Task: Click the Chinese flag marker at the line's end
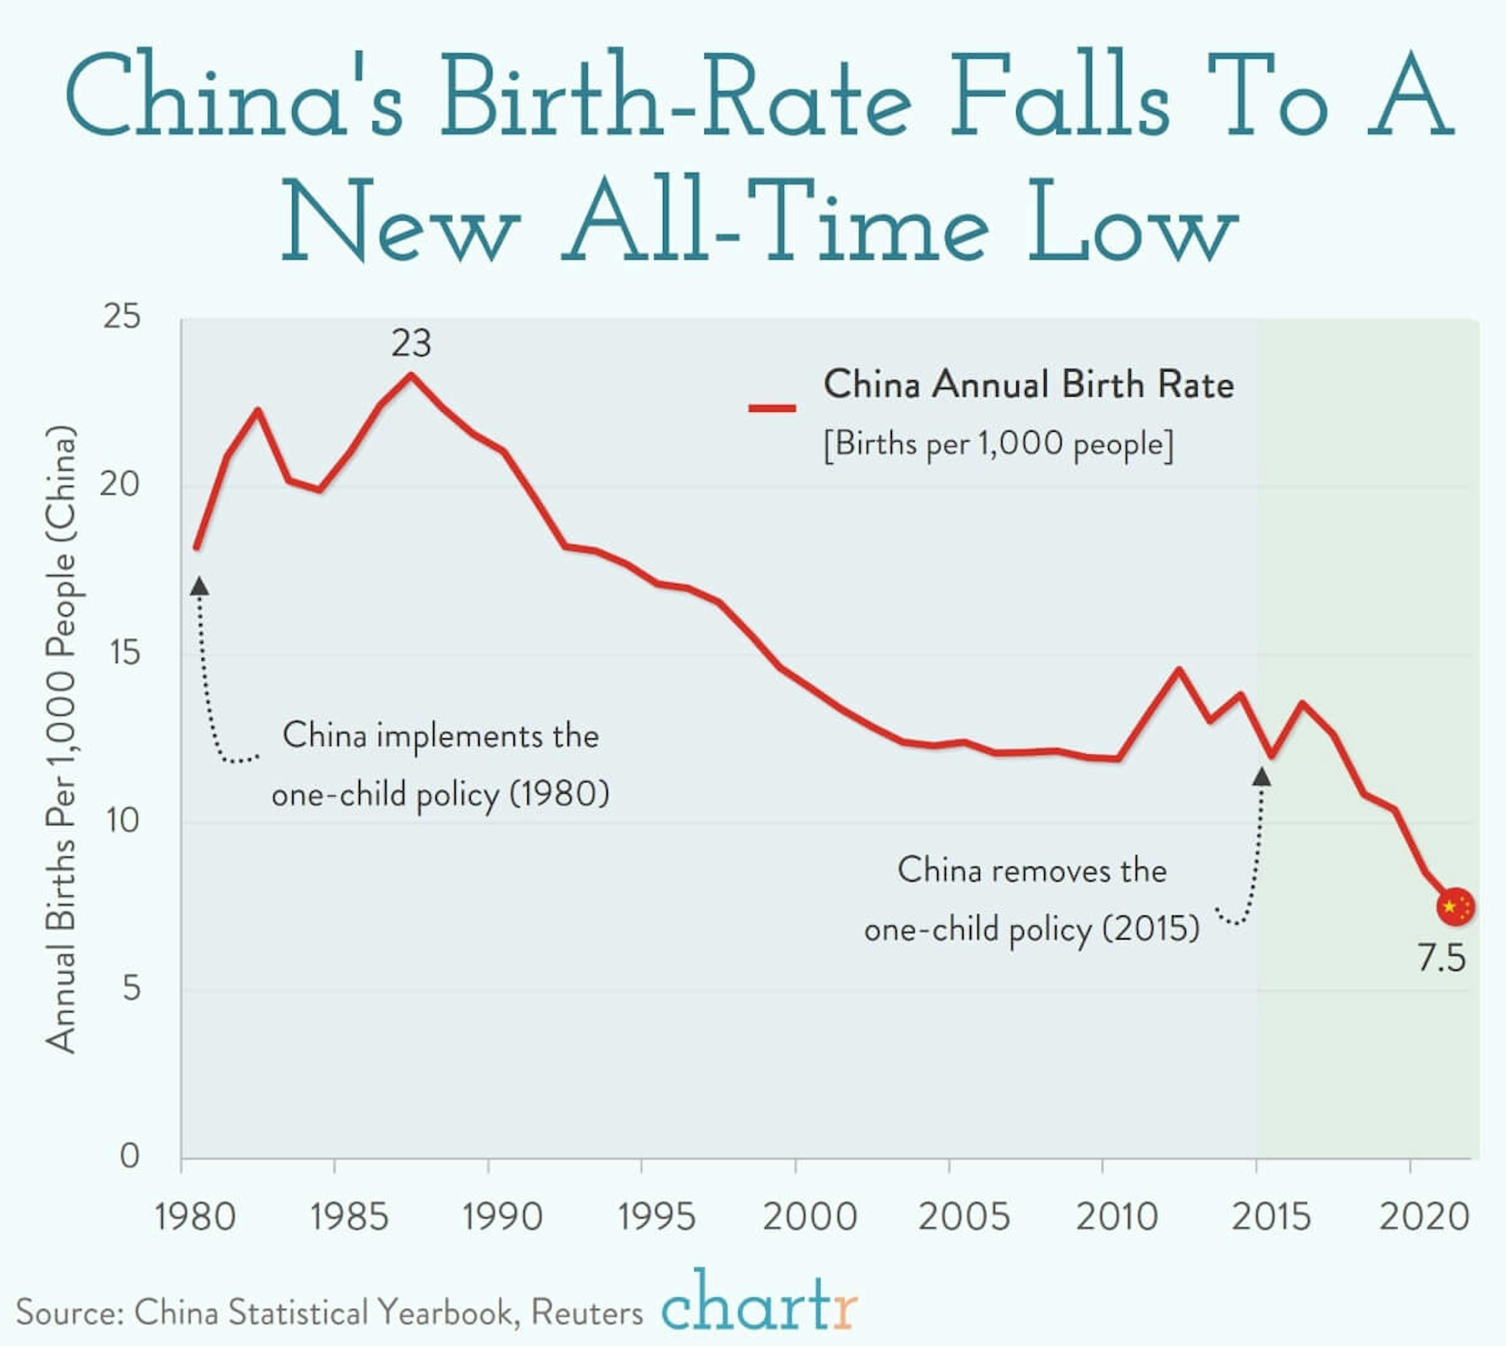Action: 1455,907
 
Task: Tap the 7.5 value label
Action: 1441,959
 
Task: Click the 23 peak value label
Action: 411,343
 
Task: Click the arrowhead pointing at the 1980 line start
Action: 200,587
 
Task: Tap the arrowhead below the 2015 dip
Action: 1262,777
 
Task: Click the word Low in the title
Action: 1132,222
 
